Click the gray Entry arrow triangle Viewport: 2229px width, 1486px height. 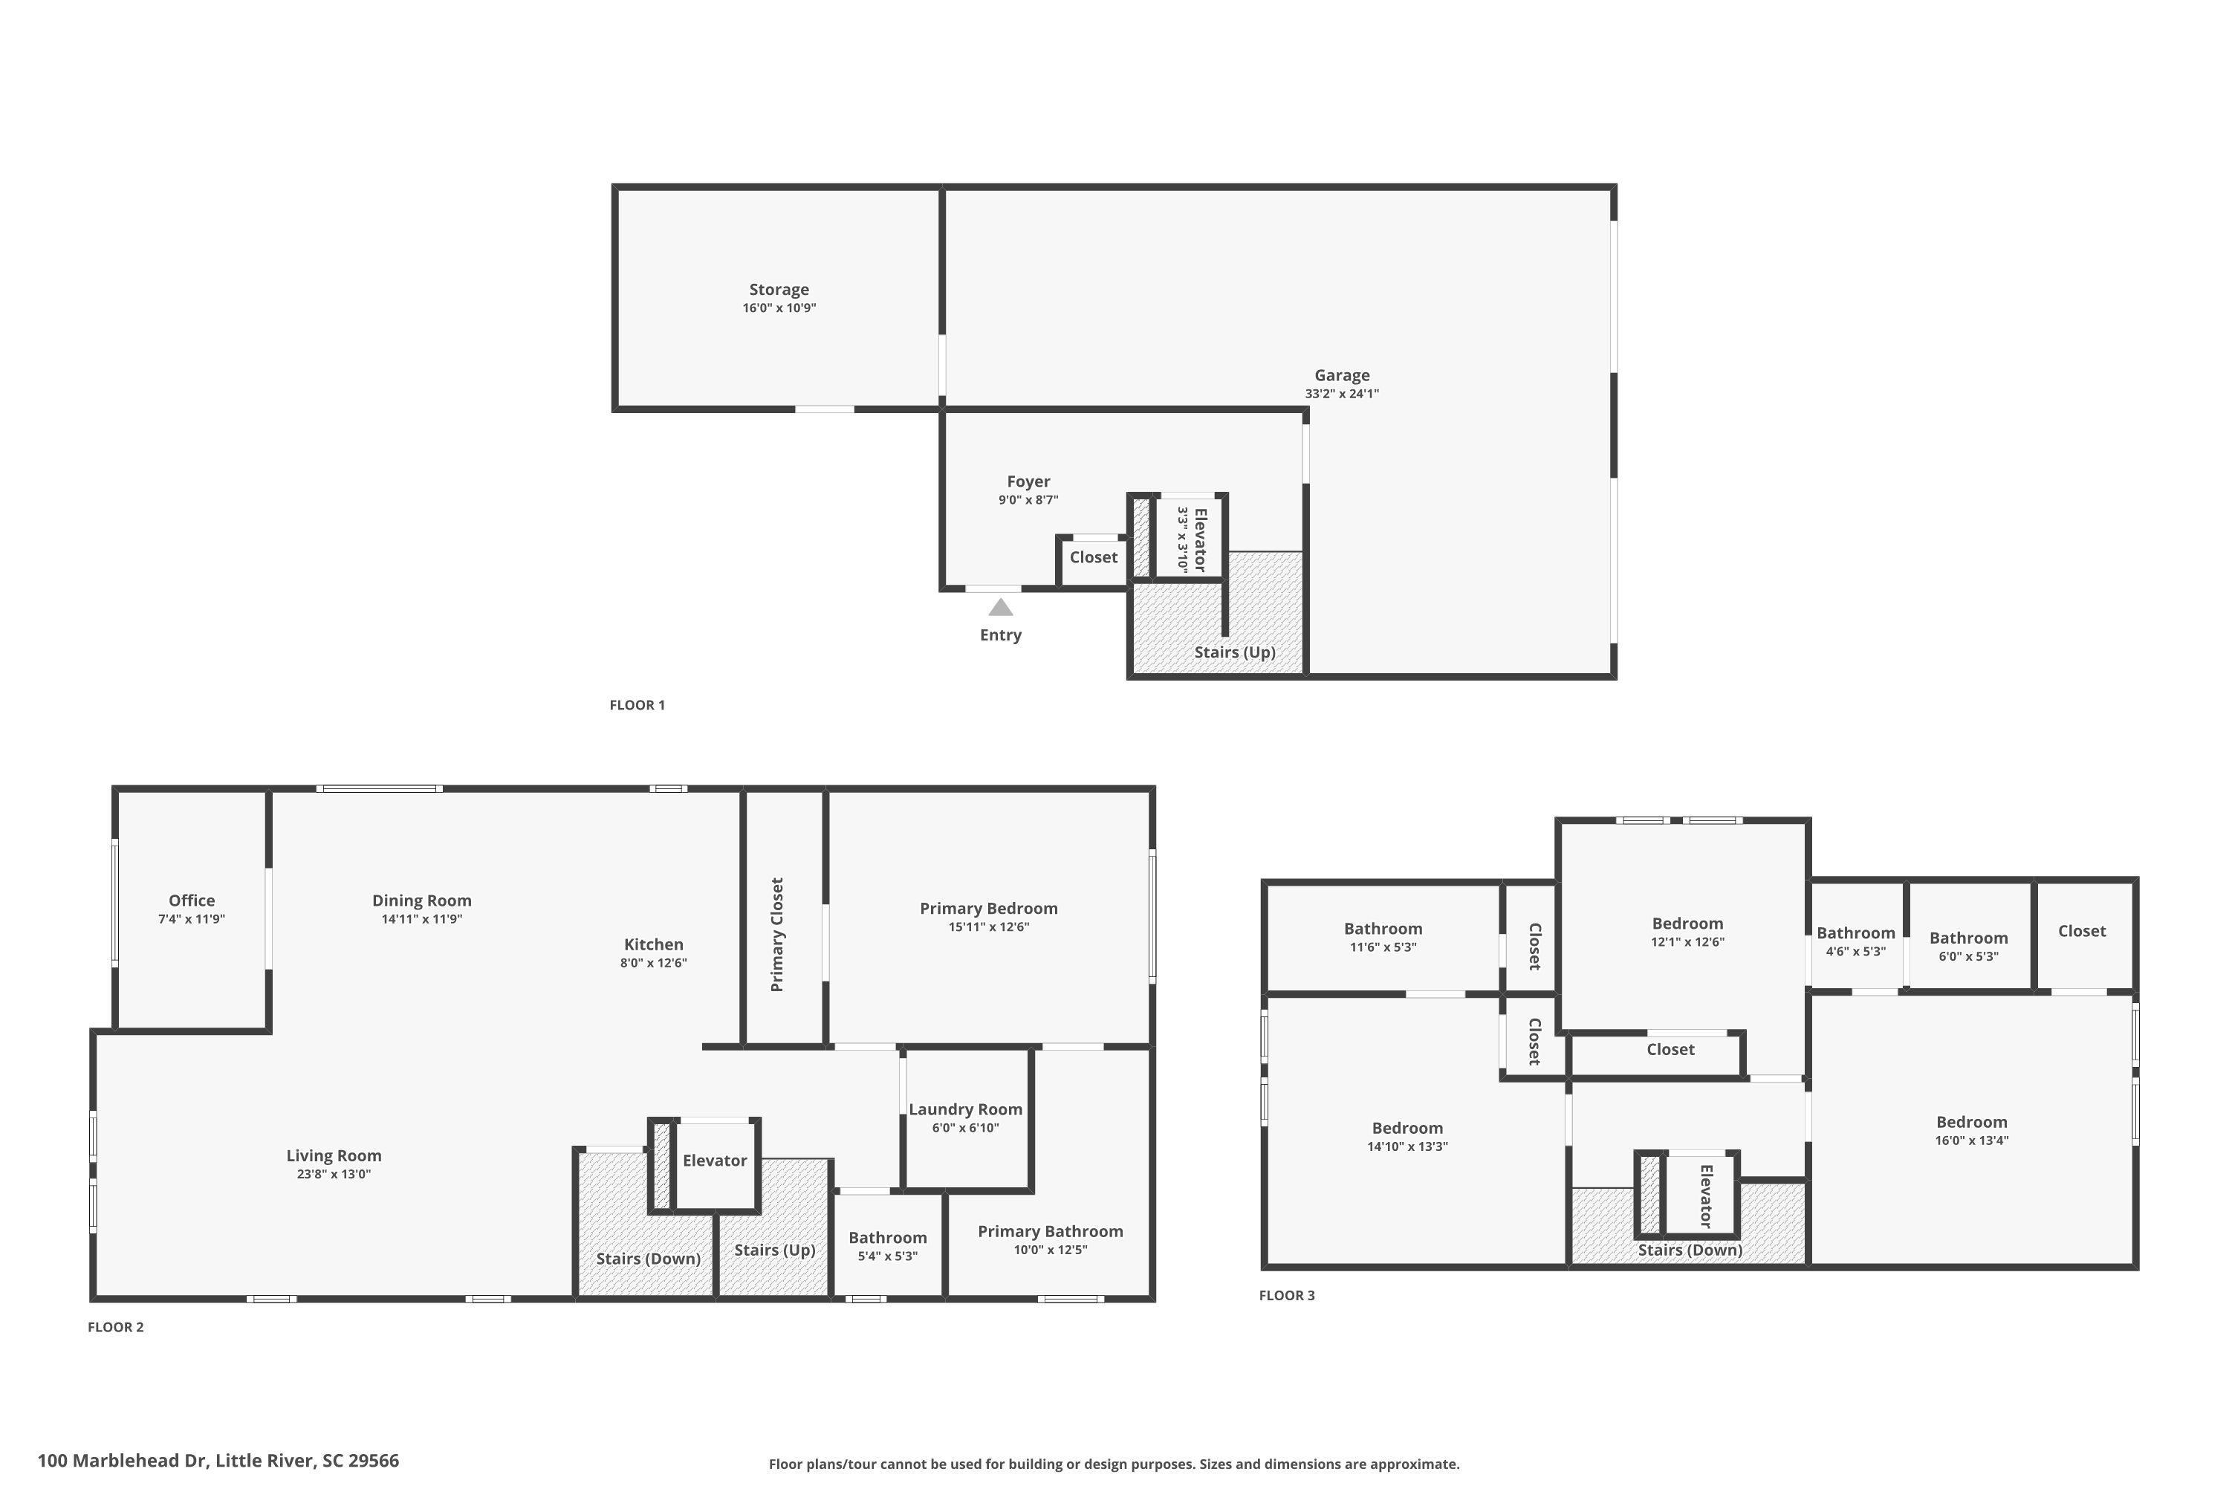(x=1001, y=606)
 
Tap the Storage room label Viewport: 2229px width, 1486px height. (x=779, y=290)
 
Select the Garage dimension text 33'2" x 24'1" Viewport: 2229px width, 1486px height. (x=1342, y=393)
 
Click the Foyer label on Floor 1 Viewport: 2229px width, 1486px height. (x=1028, y=481)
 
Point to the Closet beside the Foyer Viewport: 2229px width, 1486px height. (x=1094, y=557)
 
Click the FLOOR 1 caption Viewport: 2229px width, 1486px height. (x=637, y=705)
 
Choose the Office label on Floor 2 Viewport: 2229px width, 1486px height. (x=192, y=901)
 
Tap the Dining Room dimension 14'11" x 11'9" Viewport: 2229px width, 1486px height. (x=422, y=918)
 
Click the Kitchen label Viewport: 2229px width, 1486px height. (x=654, y=944)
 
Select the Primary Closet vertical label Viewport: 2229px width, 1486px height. (x=777, y=935)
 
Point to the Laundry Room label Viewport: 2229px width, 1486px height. (x=966, y=1109)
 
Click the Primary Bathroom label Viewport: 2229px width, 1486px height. (x=1050, y=1231)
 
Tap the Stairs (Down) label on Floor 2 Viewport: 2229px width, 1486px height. (x=648, y=1259)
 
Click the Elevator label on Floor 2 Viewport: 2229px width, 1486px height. (x=715, y=1160)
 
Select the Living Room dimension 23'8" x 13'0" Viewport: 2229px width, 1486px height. (x=334, y=1174)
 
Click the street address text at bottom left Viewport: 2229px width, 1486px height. (x=218, y=1461)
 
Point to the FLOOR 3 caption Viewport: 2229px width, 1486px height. (x=1287, y=1296)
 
